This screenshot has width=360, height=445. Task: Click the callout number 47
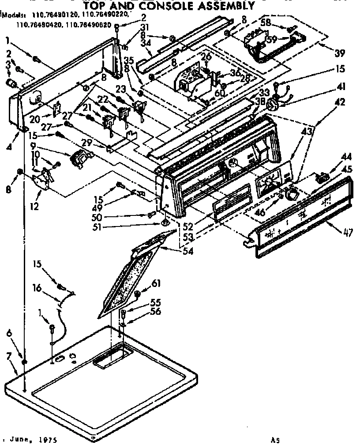348,233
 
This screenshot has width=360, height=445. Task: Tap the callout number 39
339,54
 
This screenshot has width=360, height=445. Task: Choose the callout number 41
340,87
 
